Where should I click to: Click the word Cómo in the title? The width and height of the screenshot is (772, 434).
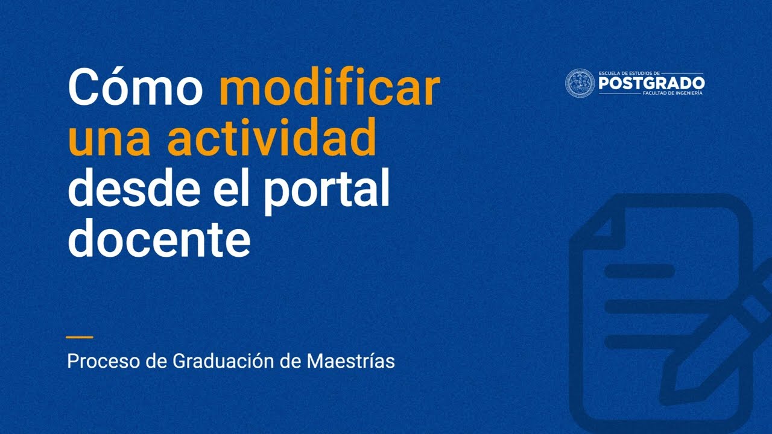(135, 88)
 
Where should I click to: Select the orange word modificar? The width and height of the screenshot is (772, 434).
(329, 88)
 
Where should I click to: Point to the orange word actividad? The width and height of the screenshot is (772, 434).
(271, 138)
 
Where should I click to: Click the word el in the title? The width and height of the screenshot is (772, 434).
(229, 189)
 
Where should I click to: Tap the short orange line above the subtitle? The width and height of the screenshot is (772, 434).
(80, 338)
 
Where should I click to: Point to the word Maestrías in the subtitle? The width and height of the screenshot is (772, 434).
(351, 362)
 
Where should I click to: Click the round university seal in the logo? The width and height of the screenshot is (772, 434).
(580, 83)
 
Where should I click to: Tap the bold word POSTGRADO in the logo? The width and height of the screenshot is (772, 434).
(651, 84)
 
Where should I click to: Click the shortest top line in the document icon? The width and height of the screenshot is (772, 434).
(639, 271)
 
